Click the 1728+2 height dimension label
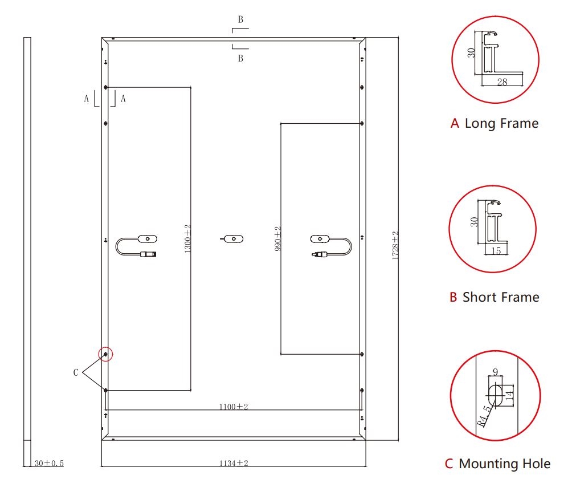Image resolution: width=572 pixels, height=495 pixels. coord(395,245)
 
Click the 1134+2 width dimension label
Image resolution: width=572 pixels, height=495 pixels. coord(234,463)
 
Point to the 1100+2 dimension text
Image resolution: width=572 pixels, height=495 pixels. coord(234,407)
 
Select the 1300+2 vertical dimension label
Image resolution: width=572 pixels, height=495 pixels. coord(187,239)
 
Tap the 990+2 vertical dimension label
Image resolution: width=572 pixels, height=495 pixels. coord(278,238)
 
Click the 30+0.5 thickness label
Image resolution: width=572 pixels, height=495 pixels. coord(49,463)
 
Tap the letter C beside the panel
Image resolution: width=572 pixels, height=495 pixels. coord(76,373)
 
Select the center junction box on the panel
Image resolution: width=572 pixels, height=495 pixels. coord(234,239)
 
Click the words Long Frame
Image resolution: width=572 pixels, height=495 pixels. coord(501,123)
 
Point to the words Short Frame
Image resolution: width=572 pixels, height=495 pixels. coord(501,297)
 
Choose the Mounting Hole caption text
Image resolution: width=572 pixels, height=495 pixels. coord(505,464)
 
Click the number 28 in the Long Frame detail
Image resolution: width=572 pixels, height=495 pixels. coord(502,82)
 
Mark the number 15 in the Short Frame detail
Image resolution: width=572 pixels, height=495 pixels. coord(496,251)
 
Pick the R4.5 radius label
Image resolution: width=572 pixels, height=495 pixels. coord(484,416)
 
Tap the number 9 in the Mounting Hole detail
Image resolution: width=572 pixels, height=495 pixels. coord(496,372)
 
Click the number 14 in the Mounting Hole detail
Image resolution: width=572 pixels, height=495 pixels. coord(510,394)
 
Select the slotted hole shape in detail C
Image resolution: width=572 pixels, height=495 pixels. coord(495,395)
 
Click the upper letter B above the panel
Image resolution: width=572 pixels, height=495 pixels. coord(241,20)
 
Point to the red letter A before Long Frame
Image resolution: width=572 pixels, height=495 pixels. coord(455,123)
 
